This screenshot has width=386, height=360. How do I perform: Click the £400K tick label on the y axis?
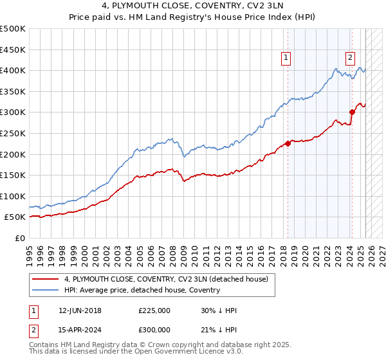click(13, 70)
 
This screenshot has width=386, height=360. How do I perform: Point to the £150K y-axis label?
click(13, 175)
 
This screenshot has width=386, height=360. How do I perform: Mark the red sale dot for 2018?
click(288, 143)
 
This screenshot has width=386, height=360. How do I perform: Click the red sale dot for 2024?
click(353, 112)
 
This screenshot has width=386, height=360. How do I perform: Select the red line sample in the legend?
click(46, 279)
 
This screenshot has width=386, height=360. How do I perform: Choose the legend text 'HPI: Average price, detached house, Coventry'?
click(142, 290)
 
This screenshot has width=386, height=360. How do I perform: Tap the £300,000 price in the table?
click(154, 329)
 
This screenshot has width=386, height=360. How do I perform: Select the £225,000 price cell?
click(154, 310)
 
